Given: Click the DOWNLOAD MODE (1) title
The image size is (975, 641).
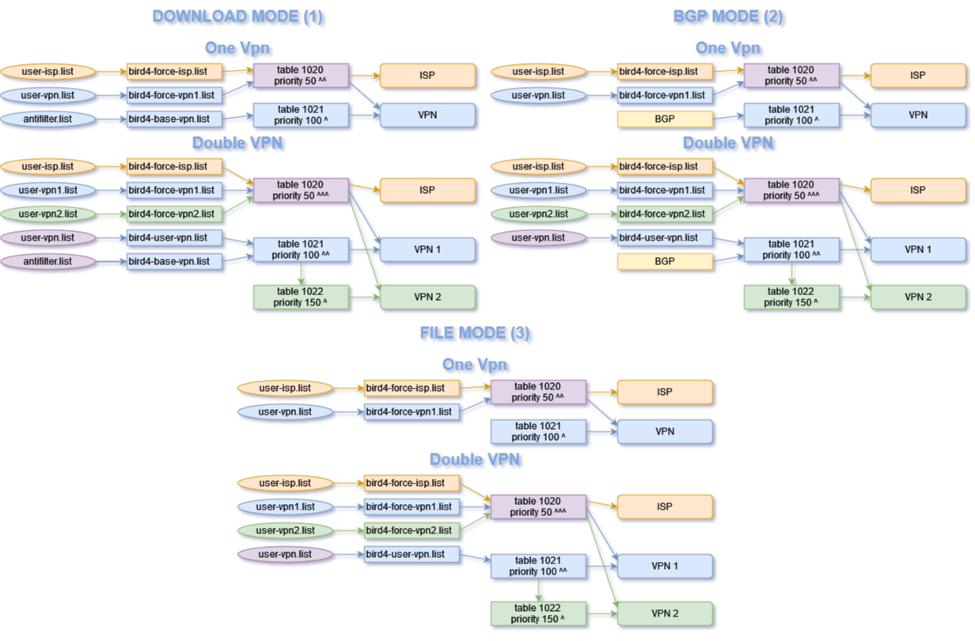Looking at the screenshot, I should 237,17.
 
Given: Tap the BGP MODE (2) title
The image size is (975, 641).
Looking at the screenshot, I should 728,17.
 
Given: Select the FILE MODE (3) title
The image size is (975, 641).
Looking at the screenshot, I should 475,333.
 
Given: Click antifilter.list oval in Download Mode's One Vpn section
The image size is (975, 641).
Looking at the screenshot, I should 47,119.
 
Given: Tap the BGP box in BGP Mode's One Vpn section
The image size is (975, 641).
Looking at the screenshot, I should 665,119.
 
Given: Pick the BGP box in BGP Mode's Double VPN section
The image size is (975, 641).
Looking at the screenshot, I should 665,261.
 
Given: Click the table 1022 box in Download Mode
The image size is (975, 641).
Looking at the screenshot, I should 300,297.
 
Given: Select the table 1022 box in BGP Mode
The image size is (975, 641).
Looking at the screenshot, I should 791,297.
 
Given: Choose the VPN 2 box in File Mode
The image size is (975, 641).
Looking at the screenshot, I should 665,613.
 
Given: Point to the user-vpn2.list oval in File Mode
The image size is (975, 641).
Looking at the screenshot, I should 285,530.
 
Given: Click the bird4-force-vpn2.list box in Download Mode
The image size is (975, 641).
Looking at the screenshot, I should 174,214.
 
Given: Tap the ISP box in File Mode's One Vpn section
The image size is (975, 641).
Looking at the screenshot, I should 665,392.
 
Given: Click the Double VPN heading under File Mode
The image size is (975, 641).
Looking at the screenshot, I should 475,460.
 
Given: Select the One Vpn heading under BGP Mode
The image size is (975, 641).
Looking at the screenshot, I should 728,48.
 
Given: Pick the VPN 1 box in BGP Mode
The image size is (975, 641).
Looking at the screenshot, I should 918,249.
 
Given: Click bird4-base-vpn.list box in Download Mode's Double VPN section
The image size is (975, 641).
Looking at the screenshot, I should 174,261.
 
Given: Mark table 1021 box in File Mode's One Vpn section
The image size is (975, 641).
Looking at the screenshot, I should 538,431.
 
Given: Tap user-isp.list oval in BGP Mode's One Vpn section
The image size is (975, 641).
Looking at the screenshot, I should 538,72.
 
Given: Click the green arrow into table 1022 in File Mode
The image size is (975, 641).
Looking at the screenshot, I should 539,590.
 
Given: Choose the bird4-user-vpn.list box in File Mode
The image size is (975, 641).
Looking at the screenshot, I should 412,554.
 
